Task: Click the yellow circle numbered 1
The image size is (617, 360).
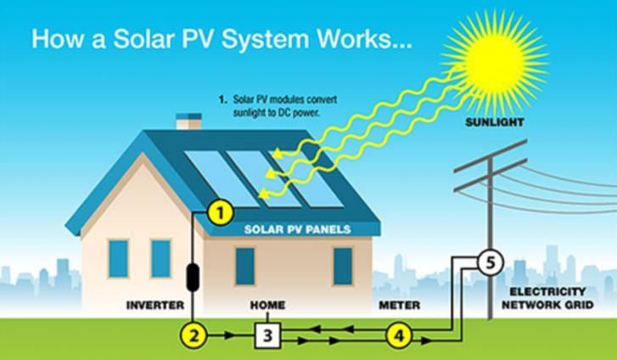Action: (x=221, y=213)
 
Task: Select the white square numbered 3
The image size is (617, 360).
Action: (x=267, y=335)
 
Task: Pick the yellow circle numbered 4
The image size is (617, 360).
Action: (x=398, y=335)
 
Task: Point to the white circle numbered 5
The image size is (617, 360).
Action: (x=490, y=262)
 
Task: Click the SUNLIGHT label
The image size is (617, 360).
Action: (x=495, y=122)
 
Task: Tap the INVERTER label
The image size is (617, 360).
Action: (x=154, y=305)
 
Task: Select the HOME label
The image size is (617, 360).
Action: (x=267, y=305)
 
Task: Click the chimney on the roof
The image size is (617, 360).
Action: (x=188, y=120)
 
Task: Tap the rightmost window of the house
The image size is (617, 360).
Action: (x=343, y=266)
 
